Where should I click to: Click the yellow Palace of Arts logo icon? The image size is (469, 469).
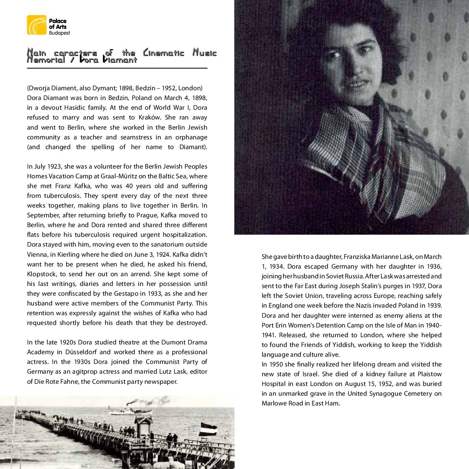tap(36, 25)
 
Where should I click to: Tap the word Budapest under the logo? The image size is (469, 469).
tap(60, 33)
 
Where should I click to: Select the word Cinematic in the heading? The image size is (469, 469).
tap(164, 53)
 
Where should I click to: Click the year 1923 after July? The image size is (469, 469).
tap(54, 166)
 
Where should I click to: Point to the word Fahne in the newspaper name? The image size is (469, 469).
tap(75, 382)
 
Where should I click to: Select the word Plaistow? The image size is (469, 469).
tap(430, 374)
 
